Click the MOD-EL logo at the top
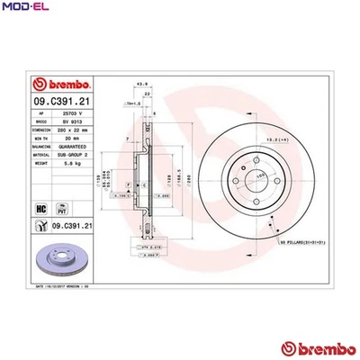coord(26,9)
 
